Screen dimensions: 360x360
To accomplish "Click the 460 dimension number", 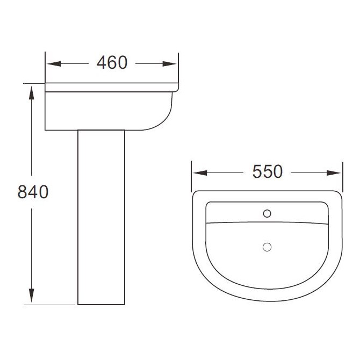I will coord(112,63).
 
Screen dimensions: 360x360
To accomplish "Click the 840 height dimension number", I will coord(33,191).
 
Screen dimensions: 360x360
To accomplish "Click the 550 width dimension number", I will coord(267,172).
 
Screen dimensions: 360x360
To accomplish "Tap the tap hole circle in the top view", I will coord(267,213).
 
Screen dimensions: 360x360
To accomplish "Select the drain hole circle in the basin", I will coord(267,247).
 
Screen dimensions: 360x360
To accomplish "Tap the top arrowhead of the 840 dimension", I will coord(33,91).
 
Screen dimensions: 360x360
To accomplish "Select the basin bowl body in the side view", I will coord(107,110).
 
